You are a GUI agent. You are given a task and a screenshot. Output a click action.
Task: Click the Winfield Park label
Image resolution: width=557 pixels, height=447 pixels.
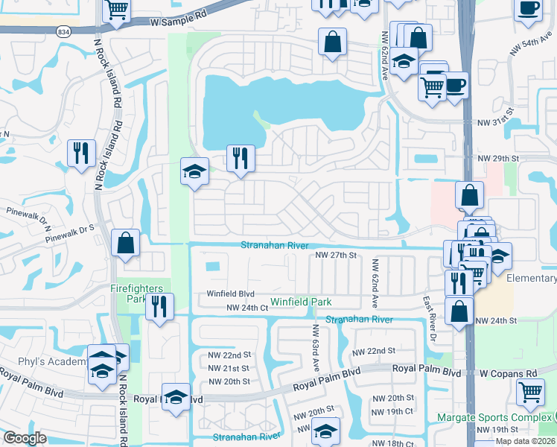[x=300, y=302]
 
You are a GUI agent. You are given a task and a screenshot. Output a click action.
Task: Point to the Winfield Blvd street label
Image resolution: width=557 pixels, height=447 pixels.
[x=231, y=294]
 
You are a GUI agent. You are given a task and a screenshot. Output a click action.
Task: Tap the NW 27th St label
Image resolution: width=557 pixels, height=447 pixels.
[x=337, y=255]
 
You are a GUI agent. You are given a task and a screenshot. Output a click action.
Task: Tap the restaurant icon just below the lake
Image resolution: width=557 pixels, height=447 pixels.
[x=241, y=159]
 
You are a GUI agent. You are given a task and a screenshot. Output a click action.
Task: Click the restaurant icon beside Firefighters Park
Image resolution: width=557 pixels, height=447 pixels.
[x=159, y=307]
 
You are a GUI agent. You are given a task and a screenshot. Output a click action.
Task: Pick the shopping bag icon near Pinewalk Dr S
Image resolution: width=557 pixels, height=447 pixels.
[x=126, y=243]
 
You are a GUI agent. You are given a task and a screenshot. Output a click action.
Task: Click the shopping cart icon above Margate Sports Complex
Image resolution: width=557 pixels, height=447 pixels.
[x=529, y=392]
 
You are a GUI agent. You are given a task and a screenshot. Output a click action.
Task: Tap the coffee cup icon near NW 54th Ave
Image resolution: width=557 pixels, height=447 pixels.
[x=528, y=9]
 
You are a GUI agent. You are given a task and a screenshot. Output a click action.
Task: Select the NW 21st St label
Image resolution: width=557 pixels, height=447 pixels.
[x=229, y=369]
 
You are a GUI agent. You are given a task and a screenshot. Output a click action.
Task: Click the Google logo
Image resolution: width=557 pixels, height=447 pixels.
[x=25, y=439]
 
